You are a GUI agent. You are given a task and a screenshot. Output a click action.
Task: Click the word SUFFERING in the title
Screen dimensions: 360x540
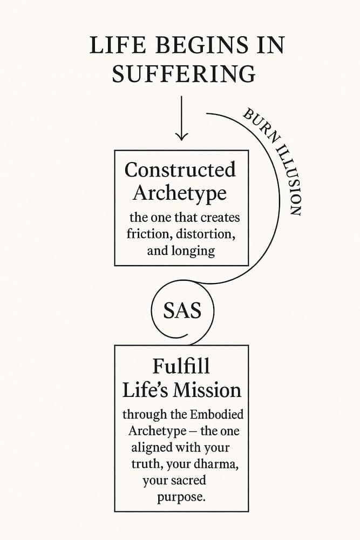[184, 73]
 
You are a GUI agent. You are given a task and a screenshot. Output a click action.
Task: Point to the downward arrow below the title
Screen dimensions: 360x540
[181, 118]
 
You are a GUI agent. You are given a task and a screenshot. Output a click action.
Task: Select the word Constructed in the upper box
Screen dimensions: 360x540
[180, 170]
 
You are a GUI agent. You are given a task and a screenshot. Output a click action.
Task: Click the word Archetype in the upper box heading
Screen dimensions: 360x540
[180, 193]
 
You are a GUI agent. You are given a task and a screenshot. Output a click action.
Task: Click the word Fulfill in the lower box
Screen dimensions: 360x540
[181, 366]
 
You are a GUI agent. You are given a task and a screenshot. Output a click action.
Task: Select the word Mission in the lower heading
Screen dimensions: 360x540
[207, 390]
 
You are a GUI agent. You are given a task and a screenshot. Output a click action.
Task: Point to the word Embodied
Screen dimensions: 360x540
[216, 414]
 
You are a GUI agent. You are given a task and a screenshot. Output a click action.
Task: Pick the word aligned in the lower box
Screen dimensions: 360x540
[152, 448]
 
